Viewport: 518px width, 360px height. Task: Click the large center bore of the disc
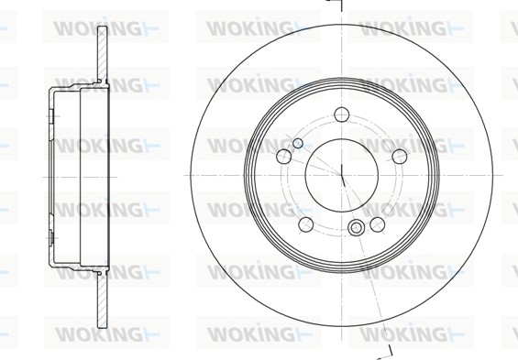[x=342, y=175]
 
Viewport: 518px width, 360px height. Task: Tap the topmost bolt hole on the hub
[x=342, y=115]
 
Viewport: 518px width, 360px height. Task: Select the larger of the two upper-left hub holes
[x=284, y=156]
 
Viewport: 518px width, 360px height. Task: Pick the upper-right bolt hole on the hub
[x=400, y=156]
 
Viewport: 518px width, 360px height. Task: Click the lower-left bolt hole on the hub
[x=306, y=224]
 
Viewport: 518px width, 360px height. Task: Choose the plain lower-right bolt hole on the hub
[x=377, y=224]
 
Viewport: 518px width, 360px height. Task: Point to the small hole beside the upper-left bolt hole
[x=298, y=143]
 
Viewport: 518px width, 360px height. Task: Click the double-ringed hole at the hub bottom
[x=356, y=227]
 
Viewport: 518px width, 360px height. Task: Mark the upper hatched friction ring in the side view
[x=103, y=54]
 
